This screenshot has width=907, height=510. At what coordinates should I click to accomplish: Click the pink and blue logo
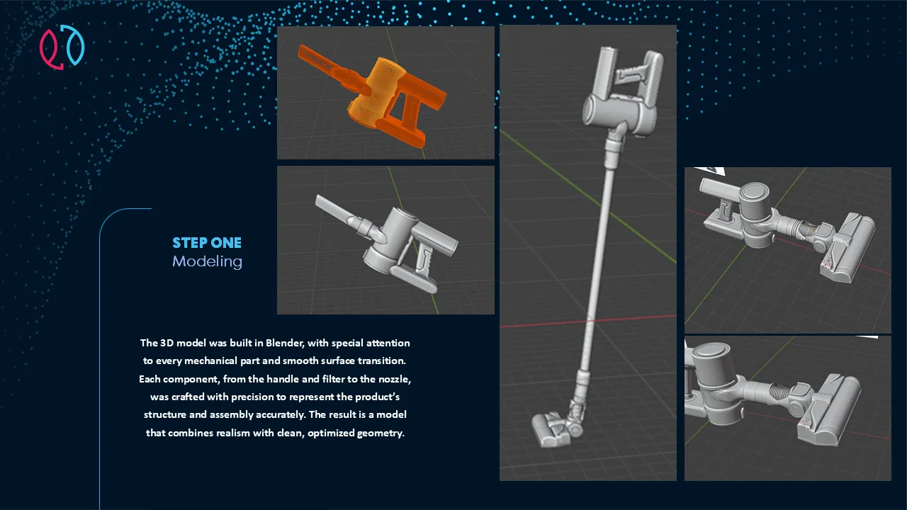point(62,47)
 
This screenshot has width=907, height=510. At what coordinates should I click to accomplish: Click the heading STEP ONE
point(207,243)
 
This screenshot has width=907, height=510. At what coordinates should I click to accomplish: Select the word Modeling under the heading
point(208,262)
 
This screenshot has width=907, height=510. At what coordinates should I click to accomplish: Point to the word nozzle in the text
point(395,379)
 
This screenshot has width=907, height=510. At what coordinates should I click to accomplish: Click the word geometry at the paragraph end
point(381,433)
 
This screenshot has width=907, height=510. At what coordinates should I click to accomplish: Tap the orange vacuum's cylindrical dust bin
point(376,91)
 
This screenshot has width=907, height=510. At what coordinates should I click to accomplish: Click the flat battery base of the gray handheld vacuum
point(413,279)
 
